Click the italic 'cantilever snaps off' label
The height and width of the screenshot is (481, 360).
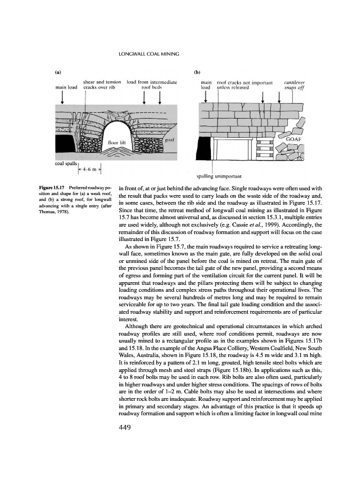coord(294,86)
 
